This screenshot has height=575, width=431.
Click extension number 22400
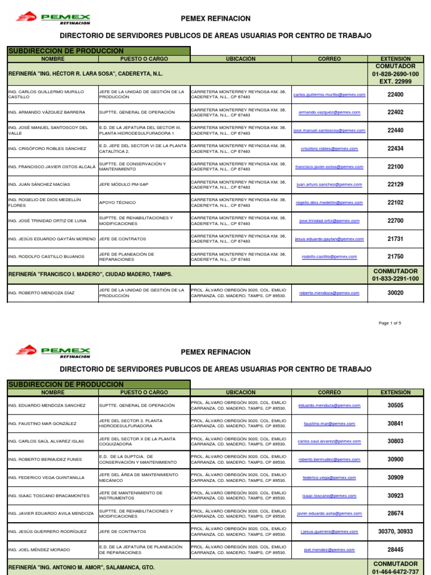[x=395, y=95]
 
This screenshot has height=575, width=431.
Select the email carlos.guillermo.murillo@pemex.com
[x=329, y=95]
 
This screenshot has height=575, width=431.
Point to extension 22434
[x=395, y=149]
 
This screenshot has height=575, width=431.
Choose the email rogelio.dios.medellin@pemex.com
[x=329, y=203]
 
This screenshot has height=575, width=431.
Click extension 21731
[x=395, y=239]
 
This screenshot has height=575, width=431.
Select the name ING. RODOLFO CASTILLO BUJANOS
[x=45, y=257]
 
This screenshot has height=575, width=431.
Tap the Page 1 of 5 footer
[x=390, y=323]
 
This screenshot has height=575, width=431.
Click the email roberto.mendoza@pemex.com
[x=329, y=293]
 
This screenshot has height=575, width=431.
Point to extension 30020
[x=395, y=293]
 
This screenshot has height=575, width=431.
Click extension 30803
[x=395, y=441]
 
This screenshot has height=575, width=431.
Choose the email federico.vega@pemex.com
[x=329, y=477]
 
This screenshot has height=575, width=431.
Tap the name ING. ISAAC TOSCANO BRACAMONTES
[x=48, y=496]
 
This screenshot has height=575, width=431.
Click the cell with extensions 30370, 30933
[x=395, y=531]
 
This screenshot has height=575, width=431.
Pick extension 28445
[x=395, y=550]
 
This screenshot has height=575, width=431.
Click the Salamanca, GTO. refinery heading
[x=81, y=568]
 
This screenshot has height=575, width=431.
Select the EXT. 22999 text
[x=395, y=81]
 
